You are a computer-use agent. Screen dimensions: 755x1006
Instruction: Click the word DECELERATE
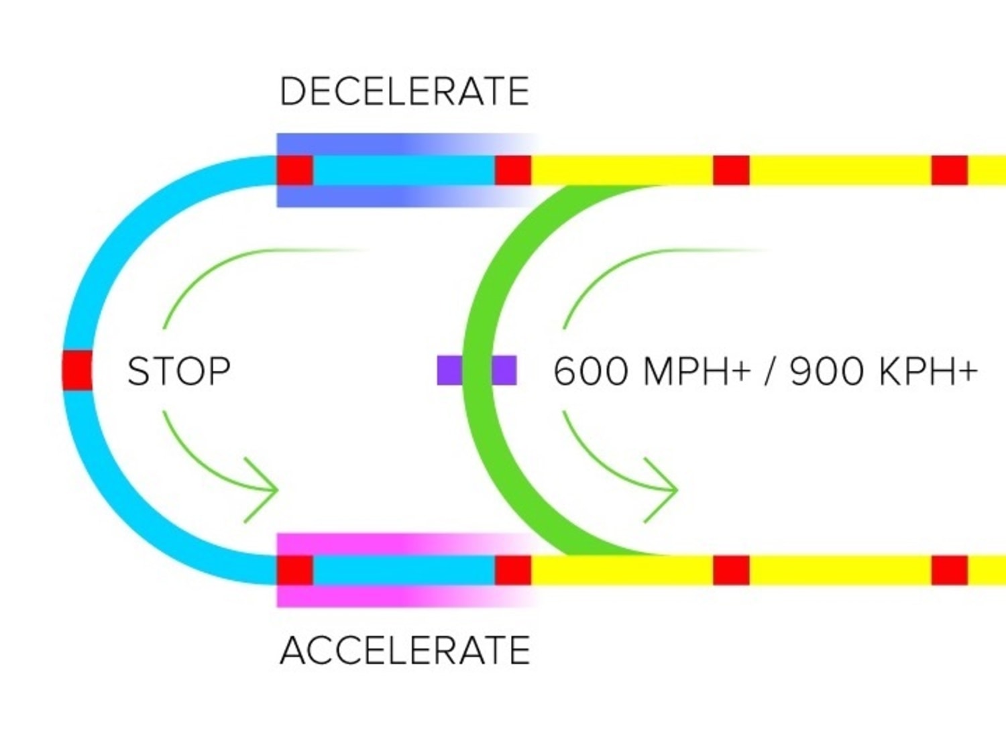404,92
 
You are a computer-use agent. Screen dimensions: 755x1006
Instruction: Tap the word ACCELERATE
404,650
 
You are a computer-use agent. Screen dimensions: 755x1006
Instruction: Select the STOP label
179,371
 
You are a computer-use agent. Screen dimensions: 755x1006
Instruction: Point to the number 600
591,371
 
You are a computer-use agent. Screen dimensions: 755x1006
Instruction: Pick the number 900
826,371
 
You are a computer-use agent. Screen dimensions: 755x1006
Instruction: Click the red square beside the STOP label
77,369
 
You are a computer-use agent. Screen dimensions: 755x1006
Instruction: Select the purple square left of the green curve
449,370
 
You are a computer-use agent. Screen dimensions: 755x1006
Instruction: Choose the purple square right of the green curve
504,370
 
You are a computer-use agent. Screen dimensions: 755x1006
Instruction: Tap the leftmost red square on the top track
295,170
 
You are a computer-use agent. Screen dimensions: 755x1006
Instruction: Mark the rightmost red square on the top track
950,170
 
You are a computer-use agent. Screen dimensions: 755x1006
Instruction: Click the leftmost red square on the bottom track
295,570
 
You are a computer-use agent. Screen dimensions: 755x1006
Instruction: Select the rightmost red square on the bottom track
950,570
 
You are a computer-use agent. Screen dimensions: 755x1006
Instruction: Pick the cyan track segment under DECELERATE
404,170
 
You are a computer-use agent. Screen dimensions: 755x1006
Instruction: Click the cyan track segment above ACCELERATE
404,570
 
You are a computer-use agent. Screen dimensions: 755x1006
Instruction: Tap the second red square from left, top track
513,170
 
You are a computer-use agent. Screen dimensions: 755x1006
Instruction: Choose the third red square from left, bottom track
731,570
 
